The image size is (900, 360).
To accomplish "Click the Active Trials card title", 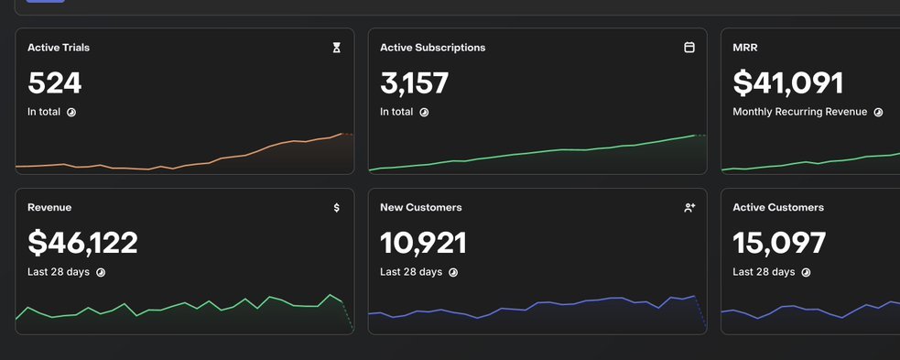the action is click(59, 48).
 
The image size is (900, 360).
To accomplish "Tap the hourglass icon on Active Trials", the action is click(336, 48).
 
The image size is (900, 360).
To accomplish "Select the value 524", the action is click(55, 83).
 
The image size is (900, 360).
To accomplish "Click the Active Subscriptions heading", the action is click(433, 48).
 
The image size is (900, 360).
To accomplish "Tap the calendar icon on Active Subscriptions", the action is click(689, 48).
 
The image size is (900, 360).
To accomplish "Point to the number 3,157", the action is click(415, 83).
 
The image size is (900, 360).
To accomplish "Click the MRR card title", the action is click(745, 48).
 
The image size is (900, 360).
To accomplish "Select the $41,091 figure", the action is click(788, 83).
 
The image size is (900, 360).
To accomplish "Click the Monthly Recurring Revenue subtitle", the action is click(800, 112).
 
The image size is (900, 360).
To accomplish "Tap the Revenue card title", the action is click(49, 207).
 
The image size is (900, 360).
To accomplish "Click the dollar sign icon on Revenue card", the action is click(336, 207).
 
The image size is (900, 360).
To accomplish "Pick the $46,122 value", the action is click(82, 243).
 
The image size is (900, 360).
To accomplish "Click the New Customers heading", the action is click(421, 207).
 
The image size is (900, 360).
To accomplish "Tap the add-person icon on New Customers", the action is click(689, 207).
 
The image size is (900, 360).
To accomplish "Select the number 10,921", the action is click(424, 243).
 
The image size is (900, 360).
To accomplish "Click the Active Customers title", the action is click(778, 207).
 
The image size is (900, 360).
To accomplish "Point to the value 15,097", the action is click(779, 243).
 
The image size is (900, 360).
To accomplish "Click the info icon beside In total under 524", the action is click(71, 113).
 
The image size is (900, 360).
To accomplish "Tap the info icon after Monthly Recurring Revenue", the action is click(878, 113).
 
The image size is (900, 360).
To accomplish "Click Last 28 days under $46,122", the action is click(59, 271).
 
